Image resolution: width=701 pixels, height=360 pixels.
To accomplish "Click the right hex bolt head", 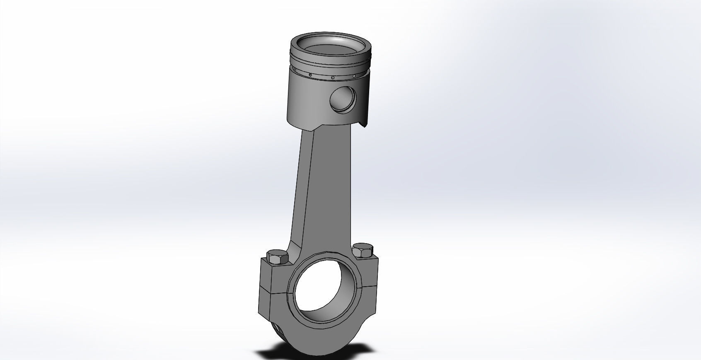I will click(363, 250).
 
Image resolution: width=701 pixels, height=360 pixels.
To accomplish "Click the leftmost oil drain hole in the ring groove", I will click(309, 75).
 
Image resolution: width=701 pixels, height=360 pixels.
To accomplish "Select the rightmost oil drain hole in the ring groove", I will click(354, 76).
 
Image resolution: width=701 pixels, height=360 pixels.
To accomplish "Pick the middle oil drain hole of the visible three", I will click(332, 77).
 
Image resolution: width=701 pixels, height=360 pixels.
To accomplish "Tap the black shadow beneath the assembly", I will click(269, 355).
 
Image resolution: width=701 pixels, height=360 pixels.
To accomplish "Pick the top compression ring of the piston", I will click(331, 58).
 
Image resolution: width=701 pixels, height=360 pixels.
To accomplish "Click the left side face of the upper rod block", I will click(266, 275).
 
